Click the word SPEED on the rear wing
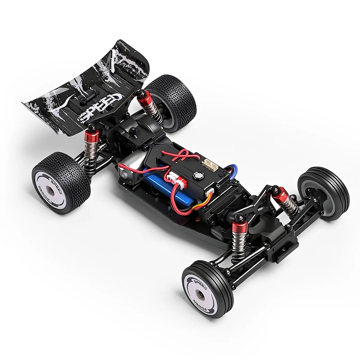click(x=100, y=107)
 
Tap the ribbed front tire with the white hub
click(x=207, y=288)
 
